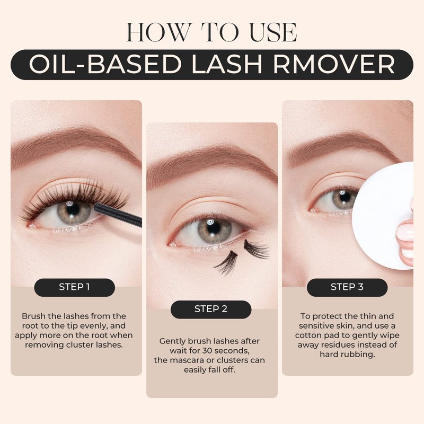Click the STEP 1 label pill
(74, 287)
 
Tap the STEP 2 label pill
(211, 310)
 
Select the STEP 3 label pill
(347, 287)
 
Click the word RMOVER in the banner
(334, 64)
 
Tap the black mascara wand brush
(118, 215)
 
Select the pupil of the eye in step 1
(73, 209)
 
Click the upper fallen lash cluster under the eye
(255, 249)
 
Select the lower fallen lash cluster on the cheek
(227, 263)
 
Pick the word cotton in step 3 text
(308, 335)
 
